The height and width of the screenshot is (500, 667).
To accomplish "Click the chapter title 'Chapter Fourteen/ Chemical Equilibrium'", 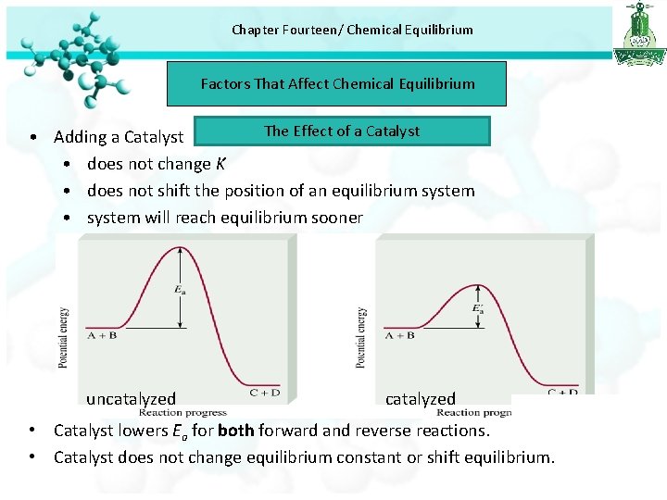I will click(352, 30).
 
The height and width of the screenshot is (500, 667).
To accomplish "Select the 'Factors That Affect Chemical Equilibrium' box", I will click(337, 83).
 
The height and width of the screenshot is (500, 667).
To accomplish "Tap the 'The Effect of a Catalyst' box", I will click(341, 131).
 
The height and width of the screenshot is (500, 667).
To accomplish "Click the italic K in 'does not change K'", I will click(220, 164).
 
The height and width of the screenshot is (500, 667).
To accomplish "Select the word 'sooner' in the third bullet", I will click(337, 218).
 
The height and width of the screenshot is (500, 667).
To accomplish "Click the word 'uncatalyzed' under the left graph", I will click(131, 399).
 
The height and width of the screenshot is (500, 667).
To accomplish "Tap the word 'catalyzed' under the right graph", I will click(421, 399).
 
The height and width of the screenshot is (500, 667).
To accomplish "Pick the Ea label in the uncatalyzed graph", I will click(178, 289).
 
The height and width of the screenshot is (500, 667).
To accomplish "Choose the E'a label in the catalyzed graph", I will click(478, 308).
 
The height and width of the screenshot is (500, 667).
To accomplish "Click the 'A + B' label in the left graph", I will click(102, 334).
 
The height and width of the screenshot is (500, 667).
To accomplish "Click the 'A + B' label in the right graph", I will click(399, 335).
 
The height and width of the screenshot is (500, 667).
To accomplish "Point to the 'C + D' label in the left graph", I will click(264, 392).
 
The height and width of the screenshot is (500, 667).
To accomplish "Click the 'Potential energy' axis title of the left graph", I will click(63, 338).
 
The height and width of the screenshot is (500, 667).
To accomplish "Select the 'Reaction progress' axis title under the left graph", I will click(182, 413).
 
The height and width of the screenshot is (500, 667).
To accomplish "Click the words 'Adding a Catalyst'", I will click(119, 137).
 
